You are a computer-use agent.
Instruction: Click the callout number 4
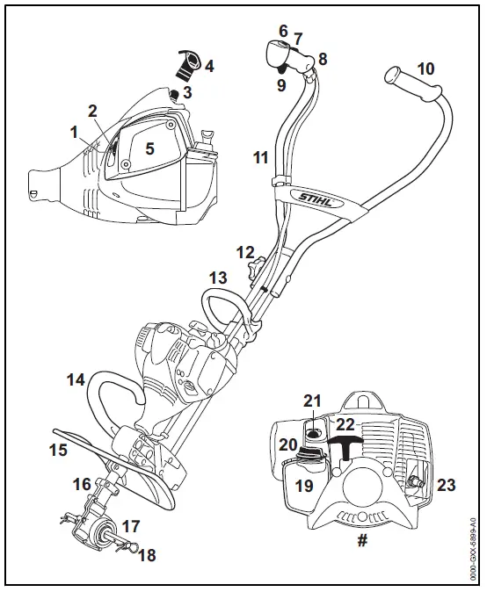208,66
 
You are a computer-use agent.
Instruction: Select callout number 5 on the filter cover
150,148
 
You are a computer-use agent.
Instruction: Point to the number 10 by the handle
425,69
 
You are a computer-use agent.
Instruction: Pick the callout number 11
260,158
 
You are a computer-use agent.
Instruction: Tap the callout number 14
76,380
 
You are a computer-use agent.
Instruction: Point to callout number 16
82,484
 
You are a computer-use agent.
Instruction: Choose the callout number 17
130,527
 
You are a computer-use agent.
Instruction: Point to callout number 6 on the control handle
283,31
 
